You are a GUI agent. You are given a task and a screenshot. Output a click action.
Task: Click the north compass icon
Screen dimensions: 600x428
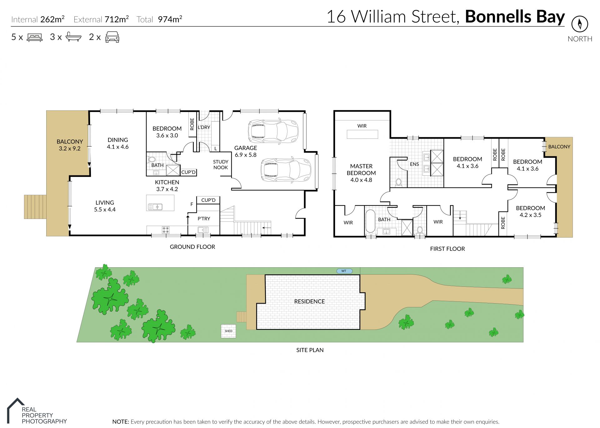[x=580, y=24]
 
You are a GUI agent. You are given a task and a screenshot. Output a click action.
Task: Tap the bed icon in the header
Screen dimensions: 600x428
[x=35, y=37]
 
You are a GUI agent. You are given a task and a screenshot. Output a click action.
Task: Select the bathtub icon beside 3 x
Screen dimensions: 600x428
[x=73, y=37]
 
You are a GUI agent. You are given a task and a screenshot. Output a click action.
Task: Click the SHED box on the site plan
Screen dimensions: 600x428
[x=228, y=331]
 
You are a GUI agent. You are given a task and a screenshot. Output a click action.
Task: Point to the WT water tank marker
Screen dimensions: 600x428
[x=344, y=271]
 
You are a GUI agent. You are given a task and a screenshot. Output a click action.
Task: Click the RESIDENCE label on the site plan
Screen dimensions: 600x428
[x=309, y=301]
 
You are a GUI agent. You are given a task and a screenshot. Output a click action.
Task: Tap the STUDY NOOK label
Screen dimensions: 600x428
[x=221, y=164]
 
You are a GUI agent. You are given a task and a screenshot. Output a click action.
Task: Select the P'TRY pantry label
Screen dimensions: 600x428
[x=204, y=219]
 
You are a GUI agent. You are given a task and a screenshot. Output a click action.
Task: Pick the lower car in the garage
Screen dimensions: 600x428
[x=286, y=170]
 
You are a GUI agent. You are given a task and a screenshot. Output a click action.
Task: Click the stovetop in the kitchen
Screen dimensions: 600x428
[x=166, y=230]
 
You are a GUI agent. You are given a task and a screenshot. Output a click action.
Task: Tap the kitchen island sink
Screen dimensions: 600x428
[x=155, y=207]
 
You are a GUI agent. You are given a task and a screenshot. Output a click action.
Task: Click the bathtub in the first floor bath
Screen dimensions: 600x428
[x=370, y=221]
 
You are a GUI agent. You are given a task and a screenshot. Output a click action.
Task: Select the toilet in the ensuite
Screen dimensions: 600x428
[x=398, y=182]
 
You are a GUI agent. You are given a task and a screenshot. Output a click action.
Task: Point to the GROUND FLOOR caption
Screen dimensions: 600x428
[x=192, y=247]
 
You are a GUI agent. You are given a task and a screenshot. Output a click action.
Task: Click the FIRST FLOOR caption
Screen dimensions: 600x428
[x=447, y=249]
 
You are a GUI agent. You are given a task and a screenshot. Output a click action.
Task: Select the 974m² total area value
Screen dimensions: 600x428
[x=170, y=19]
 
